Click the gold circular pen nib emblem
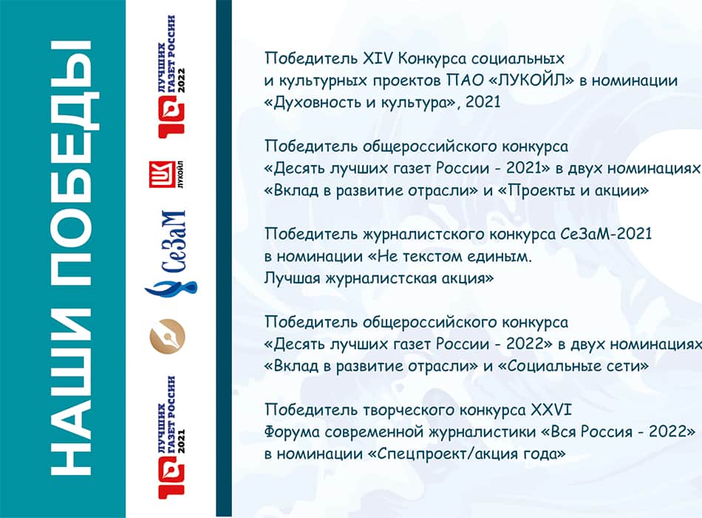167,337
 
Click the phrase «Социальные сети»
573,366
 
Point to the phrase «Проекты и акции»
573,191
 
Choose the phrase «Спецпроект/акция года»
466,454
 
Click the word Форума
292,432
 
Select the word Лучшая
292,278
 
